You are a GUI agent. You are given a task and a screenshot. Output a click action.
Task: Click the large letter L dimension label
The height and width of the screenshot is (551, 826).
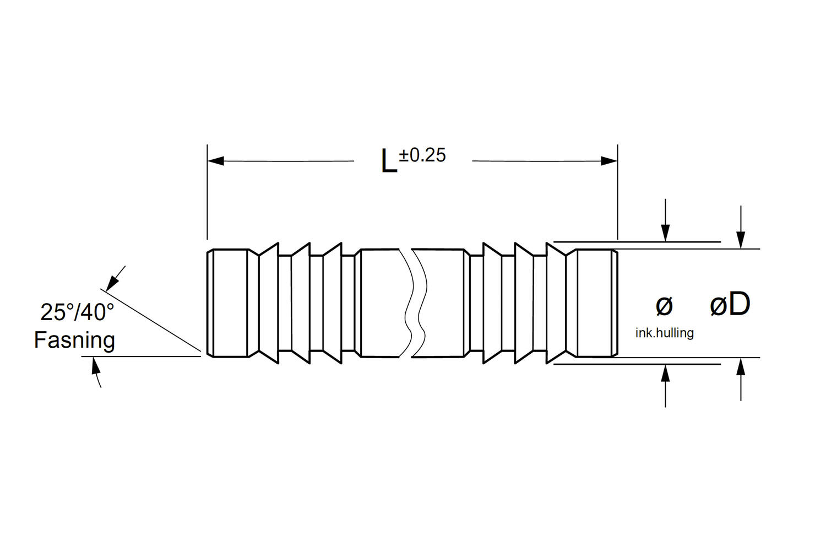389,161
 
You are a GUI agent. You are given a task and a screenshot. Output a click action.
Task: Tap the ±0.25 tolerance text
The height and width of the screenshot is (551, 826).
422,155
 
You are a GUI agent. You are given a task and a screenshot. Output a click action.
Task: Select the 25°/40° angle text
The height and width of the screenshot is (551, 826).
77,312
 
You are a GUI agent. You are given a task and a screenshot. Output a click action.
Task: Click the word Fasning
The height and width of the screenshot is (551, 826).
74,340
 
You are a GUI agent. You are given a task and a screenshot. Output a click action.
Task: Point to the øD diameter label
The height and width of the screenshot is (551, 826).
730,305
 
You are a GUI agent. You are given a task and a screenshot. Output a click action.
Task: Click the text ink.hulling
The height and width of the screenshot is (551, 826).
664,333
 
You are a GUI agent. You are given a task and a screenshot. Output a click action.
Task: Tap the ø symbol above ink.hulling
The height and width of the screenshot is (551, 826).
664,306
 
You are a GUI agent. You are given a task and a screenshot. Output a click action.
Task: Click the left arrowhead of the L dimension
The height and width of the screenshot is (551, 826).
215,161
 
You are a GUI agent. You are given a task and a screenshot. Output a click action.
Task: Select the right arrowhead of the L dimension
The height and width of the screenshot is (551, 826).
609,161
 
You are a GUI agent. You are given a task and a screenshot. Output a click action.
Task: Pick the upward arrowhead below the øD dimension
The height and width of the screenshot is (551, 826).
741,366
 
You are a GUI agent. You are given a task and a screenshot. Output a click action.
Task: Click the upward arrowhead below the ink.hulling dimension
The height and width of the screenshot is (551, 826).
666,372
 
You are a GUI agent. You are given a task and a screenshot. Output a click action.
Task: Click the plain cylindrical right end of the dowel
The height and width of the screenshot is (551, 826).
594,303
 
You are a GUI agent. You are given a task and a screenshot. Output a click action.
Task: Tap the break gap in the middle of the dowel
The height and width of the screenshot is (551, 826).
411,303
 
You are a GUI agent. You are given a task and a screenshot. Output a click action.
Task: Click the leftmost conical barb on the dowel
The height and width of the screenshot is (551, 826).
268,303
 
